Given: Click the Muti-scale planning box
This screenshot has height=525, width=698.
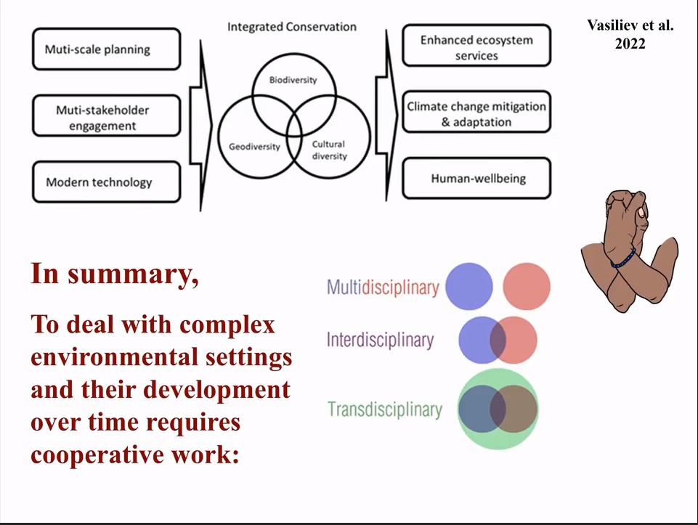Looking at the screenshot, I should pyautogui.click(x=106, y=49).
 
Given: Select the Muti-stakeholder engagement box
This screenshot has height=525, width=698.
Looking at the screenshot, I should pyautogui.click(x=106, y=117).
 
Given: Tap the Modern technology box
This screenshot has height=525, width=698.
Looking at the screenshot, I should pyautogui.click(x=106, y=182).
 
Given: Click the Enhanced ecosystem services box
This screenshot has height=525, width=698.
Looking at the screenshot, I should pyautogui.click(x=476, y=48).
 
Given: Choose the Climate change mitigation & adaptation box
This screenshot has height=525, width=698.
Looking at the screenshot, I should pyautogui.click(x=476, y=114).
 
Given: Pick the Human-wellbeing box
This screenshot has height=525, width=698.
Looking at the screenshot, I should pyautogui.click(x=477, y=179).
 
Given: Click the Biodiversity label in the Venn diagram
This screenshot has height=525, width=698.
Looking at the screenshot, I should pyautogui.click(x=293, y=80).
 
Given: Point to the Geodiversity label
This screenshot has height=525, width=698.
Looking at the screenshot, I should pyautogui.click(x=254, y=146).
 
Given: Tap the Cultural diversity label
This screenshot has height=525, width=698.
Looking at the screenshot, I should pyautogui.click(x=328, y=150).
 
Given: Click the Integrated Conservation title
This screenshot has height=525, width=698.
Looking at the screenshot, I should pyautogui.click(x=292, y=27).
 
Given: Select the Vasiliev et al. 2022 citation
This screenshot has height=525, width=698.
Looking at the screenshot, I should pyautogui.click(x=630, y=34).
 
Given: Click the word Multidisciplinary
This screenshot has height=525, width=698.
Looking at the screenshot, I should pyautogui.click(x=383, y=287).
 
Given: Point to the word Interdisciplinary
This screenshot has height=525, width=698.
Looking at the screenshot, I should pyautogui.click(x=380, y=340).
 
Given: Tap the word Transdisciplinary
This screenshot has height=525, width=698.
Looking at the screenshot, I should pyautogui.click(x=384, y=409).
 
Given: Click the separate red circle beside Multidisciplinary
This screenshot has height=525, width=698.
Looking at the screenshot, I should pyautogui.click(x=527, y=286).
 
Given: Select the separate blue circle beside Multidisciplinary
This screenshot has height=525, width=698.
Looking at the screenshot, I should pyautogui.click(x=468, y=286).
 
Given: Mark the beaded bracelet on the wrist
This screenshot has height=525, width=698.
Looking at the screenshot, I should pyautogui.click(x=623, y=259).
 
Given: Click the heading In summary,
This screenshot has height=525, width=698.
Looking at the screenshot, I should pyautogui.click(x=114, y=274).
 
